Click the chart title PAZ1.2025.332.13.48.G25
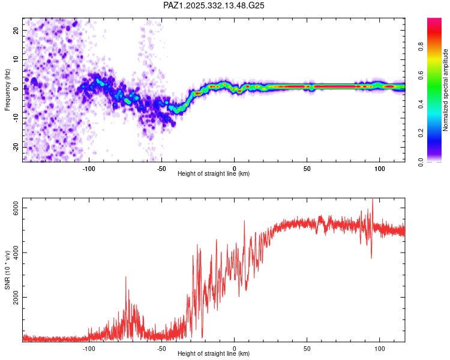[x=214, y=5]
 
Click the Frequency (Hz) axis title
[x=7, y=90]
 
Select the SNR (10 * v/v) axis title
[x=7, y=271]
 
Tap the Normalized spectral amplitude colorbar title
[x=445, y=90]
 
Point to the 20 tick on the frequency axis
[x=16, y=30]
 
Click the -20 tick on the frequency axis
[x=16, y=147]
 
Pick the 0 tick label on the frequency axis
[x=17, y=89]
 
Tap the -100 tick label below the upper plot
[x=89, y=169]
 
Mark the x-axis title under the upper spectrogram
[x=214, y=173]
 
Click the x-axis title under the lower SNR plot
[x=214, y=353]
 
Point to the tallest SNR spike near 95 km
[x=373, y=200]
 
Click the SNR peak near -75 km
[x=126, y=277]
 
